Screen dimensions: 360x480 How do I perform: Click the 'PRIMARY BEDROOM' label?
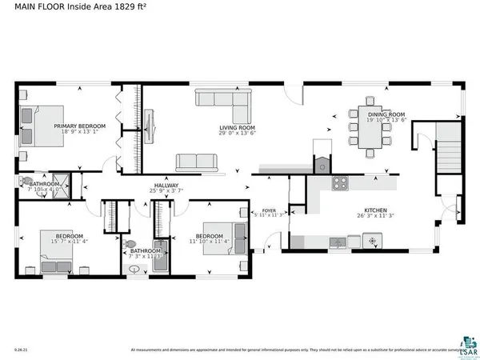coord(79,126)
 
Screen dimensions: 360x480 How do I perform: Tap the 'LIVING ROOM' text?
coord(238,128)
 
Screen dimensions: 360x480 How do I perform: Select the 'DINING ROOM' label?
coord(386,115)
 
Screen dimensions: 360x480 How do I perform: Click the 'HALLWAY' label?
coord(166,186)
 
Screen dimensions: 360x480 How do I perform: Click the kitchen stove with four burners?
coord(340,182)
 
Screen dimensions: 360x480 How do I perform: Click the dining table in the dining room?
coord(370,128)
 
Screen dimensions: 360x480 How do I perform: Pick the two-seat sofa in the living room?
coord(198,162)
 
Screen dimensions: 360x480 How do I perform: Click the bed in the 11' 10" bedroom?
coord(222,237)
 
